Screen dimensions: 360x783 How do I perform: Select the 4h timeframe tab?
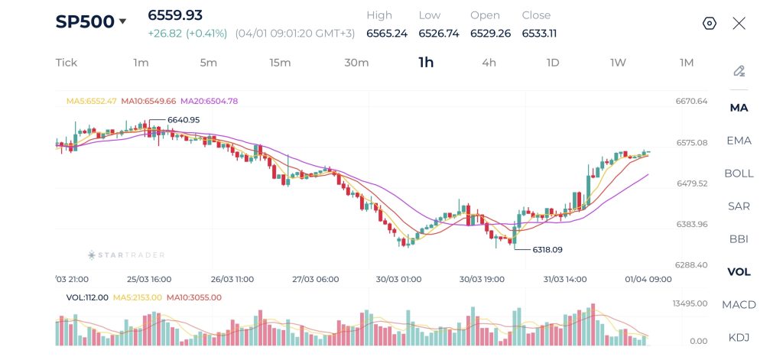point(489,63)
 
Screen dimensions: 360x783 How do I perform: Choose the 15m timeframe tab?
point(280,63)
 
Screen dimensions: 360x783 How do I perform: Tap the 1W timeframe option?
point(618,63)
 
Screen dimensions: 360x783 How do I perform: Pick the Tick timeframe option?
point(67,63)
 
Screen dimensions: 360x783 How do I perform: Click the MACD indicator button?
point(739,305)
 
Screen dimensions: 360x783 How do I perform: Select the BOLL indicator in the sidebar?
point(739,174)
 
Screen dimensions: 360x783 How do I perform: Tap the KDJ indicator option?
point(739,338)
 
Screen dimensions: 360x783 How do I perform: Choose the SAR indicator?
point(739,206)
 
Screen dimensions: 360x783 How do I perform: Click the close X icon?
point(739,23)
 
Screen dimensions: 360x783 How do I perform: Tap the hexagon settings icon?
point(709,23)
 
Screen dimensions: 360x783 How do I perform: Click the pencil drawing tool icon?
point(739,71)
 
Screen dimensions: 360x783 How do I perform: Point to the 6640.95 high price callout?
point(184,120)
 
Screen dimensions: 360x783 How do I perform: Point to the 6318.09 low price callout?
point(547,249)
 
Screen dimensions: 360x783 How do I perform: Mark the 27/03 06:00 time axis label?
point(315,280)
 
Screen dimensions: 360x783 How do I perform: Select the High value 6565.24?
point(386,34)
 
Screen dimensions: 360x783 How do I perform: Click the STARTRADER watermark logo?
point(126,255)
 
